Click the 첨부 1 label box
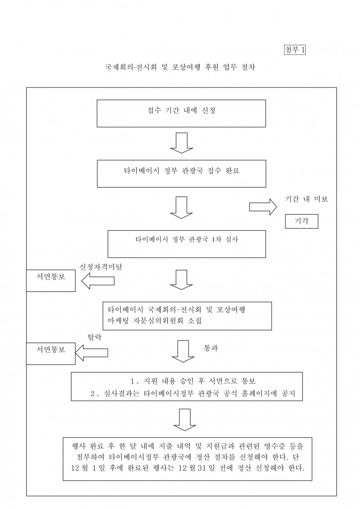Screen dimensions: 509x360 [295, 50]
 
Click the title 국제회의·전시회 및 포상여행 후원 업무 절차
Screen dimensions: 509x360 [180, 68]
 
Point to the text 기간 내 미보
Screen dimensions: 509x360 [307, 200]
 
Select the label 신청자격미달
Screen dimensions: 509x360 [101, 268]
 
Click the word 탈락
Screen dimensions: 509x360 [95, 337]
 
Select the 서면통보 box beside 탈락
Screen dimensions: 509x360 [51, 349]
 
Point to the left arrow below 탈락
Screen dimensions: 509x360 [92, 352]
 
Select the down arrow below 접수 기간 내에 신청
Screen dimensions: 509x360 [181, 143]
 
